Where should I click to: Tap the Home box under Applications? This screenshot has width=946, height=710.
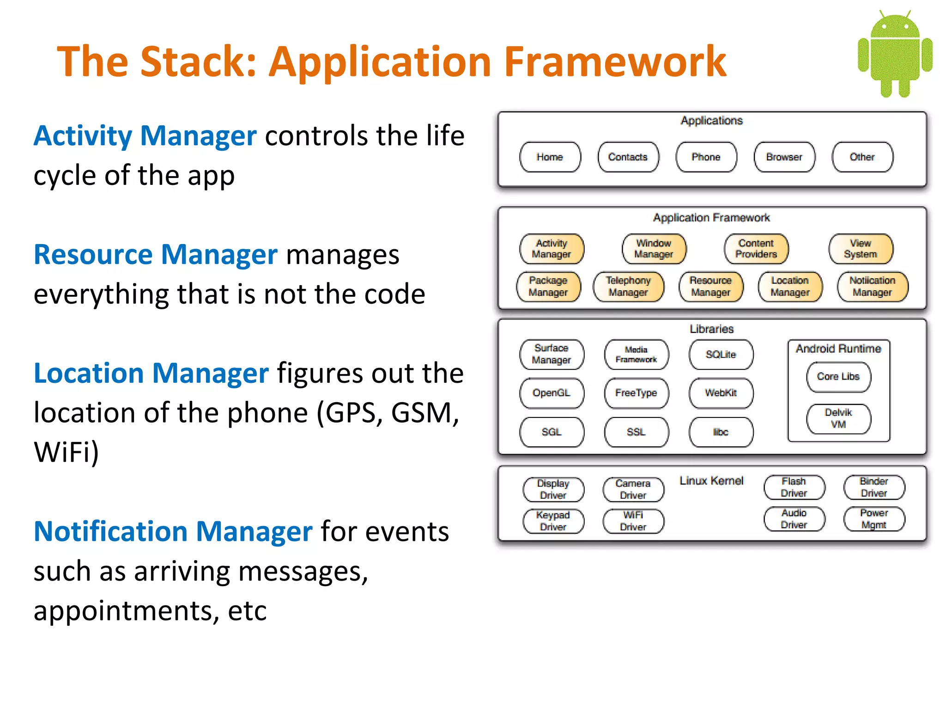550,157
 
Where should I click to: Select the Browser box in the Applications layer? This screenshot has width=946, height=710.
784,157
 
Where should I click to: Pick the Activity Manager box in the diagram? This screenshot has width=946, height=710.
551,249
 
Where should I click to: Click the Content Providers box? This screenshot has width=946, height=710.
756,249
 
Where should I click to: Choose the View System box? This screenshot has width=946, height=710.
860,249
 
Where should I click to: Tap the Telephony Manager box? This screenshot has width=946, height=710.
628,287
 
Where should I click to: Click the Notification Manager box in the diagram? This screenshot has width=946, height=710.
872,287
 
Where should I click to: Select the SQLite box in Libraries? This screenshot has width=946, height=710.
720,355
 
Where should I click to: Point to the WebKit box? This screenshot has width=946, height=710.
720,393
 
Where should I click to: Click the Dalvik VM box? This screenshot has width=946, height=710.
838,418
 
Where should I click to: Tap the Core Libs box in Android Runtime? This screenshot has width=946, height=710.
838,377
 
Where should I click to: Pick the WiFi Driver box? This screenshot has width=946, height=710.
633,521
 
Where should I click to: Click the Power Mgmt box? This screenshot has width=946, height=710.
873,519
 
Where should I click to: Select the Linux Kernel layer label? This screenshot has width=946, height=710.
711,481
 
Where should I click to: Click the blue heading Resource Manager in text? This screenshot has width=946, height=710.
156,255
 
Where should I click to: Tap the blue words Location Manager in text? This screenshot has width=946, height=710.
151,373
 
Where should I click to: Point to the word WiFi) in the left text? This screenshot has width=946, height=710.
66,452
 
